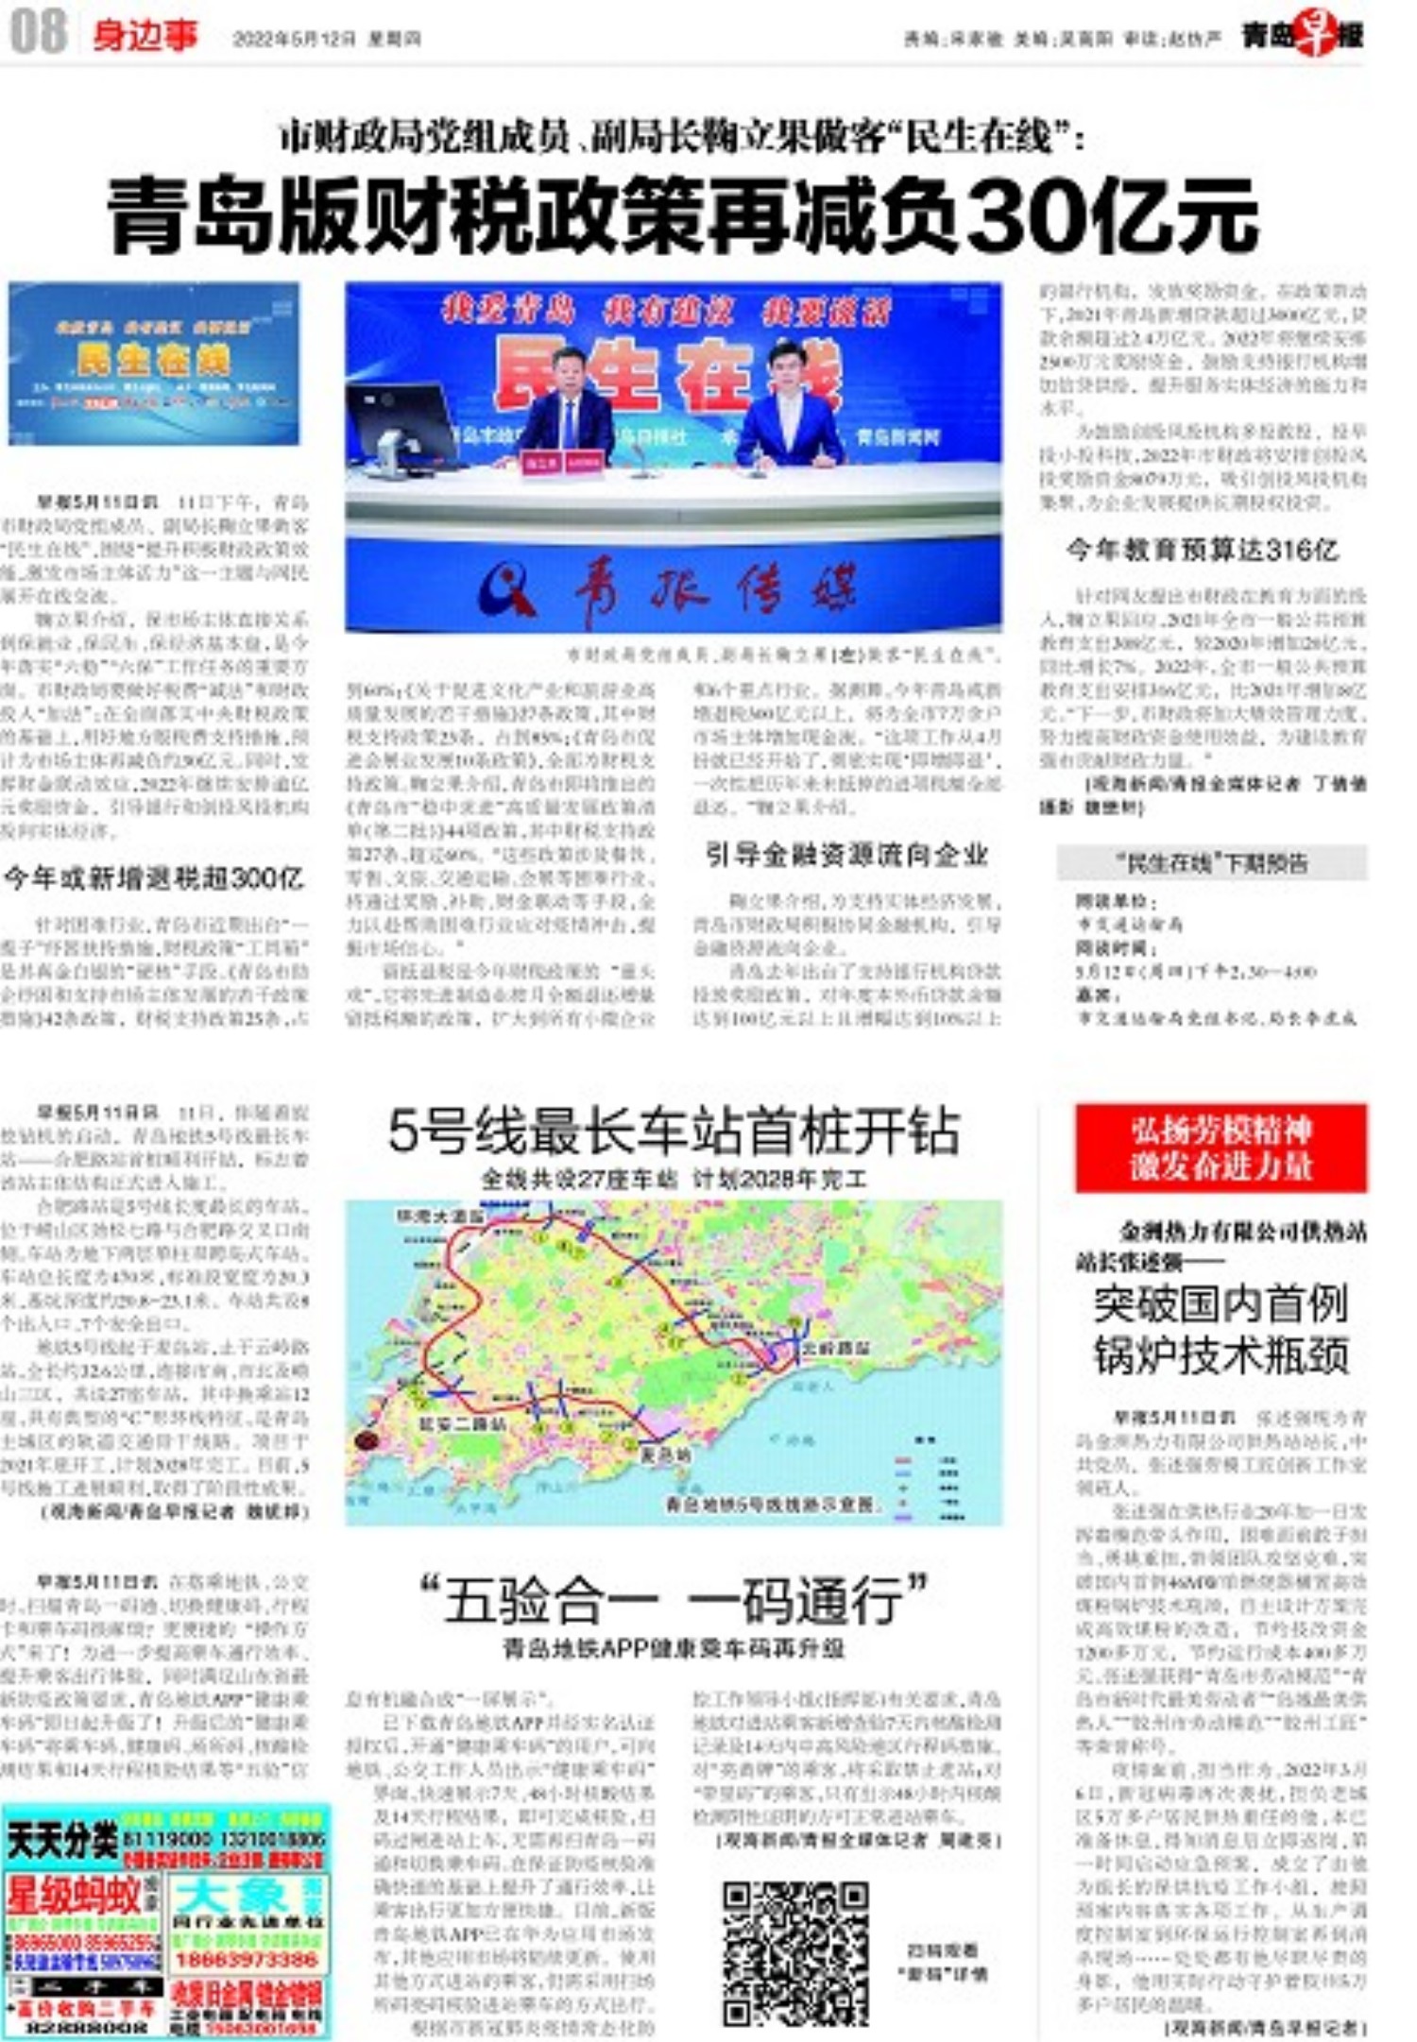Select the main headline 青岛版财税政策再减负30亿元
point(682,216)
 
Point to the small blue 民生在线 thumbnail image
point(154,363)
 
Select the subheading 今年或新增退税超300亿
point(153,878)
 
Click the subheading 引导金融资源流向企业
point(846,855)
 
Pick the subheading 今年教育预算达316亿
point(1202,550)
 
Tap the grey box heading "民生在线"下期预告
point(1211,862)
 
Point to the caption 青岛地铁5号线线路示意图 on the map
point(770,1504)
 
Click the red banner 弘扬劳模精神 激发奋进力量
point(1221,1148)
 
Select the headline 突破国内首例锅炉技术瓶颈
point(1221,1330)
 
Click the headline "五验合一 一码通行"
point(673,1599)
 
